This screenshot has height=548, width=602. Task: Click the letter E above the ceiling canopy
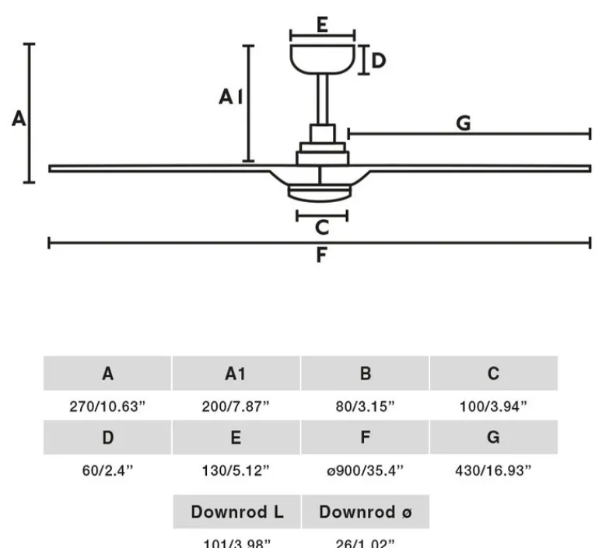click(x=321, y=24)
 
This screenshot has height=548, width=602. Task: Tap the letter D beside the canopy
click(x=379, y=60)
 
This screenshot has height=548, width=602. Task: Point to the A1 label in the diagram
click(x=231, y=97)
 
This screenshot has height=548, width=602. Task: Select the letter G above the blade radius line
click(x=464, y=123)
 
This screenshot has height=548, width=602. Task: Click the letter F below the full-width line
click(x=321, y=255)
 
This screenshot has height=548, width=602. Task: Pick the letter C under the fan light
click(x=321, y=227)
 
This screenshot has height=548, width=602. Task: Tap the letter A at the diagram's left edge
click(x=19, y=119)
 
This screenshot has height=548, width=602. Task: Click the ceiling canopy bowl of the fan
click(x=322, y=58)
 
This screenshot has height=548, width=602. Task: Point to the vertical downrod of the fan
click(x=322, y=99)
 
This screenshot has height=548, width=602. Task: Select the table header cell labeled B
click(x=365, y=374)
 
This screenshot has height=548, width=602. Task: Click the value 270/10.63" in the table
click(x=107, y=406)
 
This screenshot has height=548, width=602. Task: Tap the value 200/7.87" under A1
click(x=236, y=406)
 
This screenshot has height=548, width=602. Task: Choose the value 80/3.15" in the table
click(x=365, y=406)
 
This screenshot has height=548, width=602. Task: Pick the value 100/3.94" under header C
click(x=493, y=406)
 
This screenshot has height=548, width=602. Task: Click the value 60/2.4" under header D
click(x=107, y=469)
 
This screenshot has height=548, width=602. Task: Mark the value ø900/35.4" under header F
click(x=365, y=469)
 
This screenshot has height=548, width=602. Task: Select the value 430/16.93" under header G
click(x=493, y=469)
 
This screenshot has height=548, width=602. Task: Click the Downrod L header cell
click(x=236, y=512)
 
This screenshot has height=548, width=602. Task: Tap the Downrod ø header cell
click(x=365, y=512)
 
